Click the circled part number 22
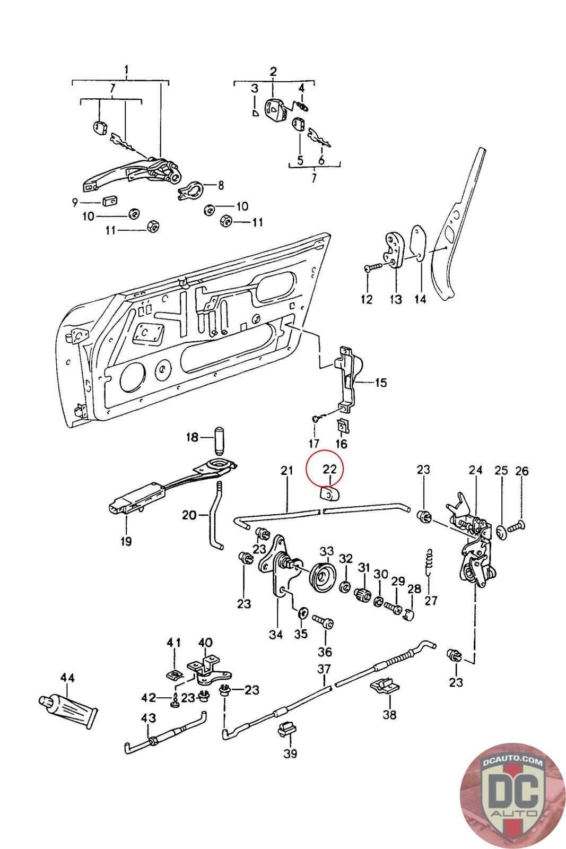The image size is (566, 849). tap(329, 469)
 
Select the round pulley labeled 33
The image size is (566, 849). tap(322, 578)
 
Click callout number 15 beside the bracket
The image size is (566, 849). tap(381, 383)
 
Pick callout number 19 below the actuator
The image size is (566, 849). tap(126, 541)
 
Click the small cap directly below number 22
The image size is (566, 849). tap(329, 494)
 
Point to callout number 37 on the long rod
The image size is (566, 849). tap(324, 669)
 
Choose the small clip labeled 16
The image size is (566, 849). tap(343, 426)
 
